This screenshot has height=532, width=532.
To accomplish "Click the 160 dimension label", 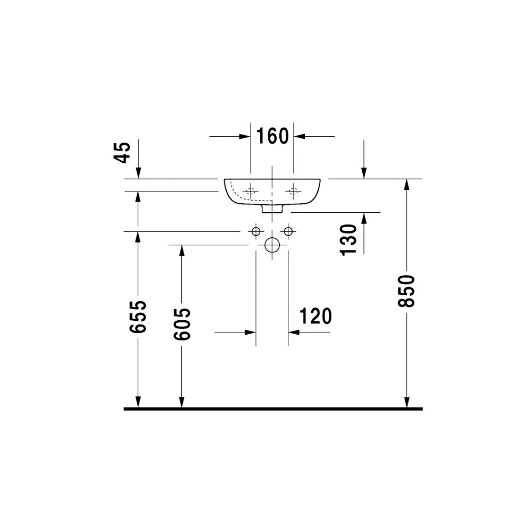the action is tap(272, 136).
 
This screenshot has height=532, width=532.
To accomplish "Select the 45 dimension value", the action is tap(122, 153).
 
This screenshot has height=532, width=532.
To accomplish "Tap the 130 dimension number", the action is tap(349, 239).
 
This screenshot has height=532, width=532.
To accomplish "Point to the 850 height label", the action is tap(406, 292).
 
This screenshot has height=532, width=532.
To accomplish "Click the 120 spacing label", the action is tap(315, 316).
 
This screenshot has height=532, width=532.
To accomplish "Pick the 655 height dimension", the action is tap(138, 317).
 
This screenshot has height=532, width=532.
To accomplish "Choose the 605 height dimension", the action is tap(182, 324).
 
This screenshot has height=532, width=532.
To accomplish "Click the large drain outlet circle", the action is tap(272, 245).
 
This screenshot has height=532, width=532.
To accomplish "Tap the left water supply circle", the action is tap(256, 231).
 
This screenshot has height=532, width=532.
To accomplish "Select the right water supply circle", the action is tap(288, 231).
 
